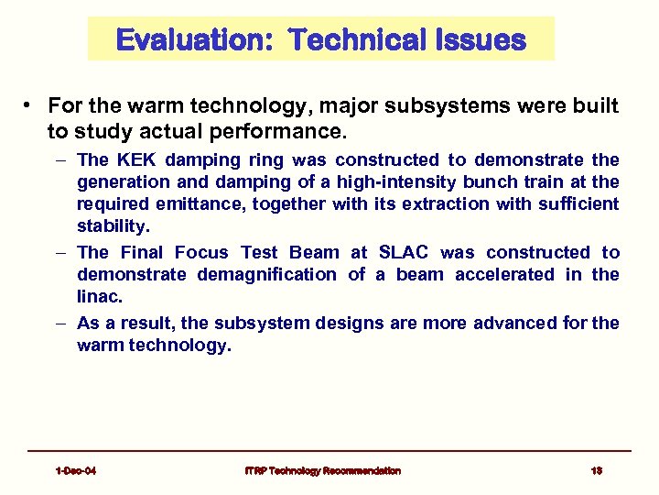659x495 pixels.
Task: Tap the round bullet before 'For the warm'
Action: [30, 106]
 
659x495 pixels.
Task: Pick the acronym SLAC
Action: [399, 252]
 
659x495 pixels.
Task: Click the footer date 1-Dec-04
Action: [76, 470]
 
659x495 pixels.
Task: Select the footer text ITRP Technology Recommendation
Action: [322, 470]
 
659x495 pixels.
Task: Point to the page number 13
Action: [596, 470]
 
